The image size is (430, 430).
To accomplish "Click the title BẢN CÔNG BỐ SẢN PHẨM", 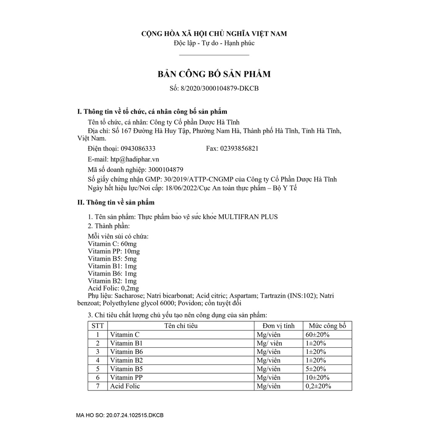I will pyautogui.click(x=214, y=74).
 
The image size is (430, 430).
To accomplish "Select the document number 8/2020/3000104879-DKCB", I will pyautogui.click(x=221, y=88).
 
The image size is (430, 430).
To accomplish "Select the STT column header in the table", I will pyautogui.click(x=97, y=326).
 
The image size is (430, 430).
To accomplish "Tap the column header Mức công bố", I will pyautogui.click(x=327, y=326).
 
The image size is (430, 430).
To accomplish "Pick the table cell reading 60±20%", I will pyautogui.click(x=317, y=335).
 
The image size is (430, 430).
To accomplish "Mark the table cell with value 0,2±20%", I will pyautogui.click(x=318, y=386).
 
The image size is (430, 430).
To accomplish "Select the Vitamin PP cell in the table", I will pyautogui.click(x=125, y=378).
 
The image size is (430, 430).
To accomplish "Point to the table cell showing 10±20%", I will pyautogui.click(x=317, y=378).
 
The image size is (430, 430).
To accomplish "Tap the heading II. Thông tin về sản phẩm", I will pyautogui.click(x=116, y=202).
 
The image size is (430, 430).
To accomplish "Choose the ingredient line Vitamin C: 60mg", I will pyautogui.click(x=112, y=244).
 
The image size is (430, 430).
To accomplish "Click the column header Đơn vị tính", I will pyautogui.click(x=278, y=326).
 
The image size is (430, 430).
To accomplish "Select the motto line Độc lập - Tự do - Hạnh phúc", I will pyautogui.click(x=214, y=43).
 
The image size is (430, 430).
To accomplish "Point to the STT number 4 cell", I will pyautogui.click(x=97, y=360).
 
